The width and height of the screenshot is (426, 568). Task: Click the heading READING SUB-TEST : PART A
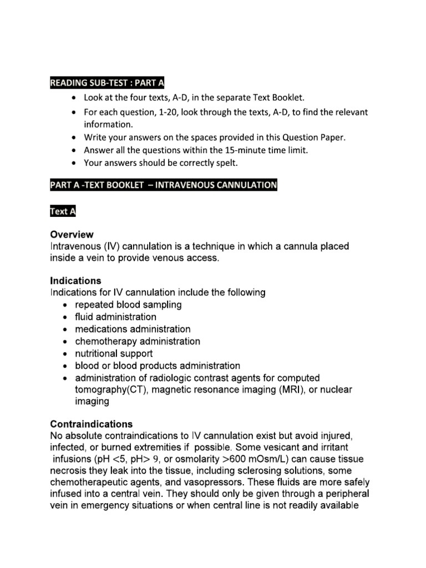coord(107,83)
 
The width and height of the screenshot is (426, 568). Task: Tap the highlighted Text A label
coord(62,211)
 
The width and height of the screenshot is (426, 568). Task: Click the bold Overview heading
coord(72,235)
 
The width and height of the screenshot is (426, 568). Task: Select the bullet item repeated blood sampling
coord(128,305)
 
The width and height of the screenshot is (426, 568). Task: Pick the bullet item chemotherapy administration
coord(138,341)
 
